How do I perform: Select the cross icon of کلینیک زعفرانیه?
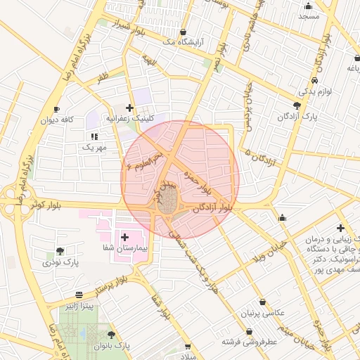click(129, 107)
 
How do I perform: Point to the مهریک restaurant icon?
click(94, 136)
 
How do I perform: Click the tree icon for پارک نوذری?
click(60, 252)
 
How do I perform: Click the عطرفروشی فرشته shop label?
click(250, 342)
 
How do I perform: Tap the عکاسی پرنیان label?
click(263, 312)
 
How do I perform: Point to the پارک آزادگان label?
click(296, 117)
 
